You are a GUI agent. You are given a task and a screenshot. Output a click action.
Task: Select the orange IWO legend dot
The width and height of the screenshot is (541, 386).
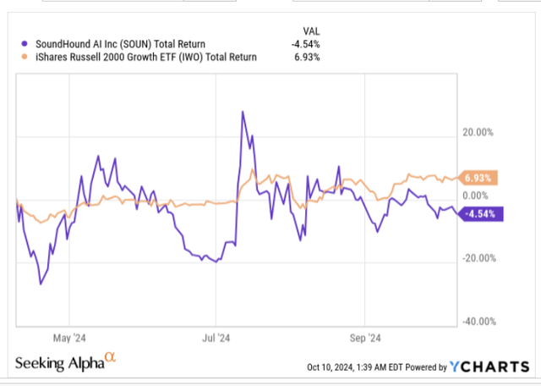(x=21, y=58)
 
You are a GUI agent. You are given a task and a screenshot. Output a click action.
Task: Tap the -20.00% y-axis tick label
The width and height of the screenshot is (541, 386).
(x=478, y=258)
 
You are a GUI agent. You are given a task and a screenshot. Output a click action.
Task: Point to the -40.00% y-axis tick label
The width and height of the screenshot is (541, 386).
(x=478, y=322)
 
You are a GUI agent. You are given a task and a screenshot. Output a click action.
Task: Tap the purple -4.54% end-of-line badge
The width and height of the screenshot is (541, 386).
(x=480, y=214)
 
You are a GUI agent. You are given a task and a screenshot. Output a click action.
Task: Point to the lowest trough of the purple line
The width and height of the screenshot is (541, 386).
(x=41, y=284)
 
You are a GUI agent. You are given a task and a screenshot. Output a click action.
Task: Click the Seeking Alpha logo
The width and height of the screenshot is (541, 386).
(x=64, y=363)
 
